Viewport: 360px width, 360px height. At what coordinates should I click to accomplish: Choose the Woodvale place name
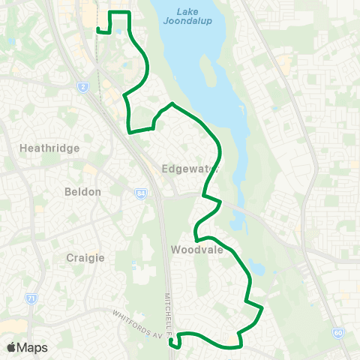[x=197, y=250]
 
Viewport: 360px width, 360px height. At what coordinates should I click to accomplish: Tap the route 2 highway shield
[x=82, y=87]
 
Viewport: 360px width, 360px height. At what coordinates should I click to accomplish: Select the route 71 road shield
[x=31, y=298]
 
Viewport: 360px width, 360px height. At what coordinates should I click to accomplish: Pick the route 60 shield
[x=339, y=331]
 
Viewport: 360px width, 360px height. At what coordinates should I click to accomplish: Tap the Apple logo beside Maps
[x=12, y=347]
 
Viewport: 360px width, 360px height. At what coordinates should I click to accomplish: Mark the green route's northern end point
[x=99, y=30]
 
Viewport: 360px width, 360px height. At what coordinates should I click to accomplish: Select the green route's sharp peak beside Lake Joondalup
[x=172, y=103]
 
